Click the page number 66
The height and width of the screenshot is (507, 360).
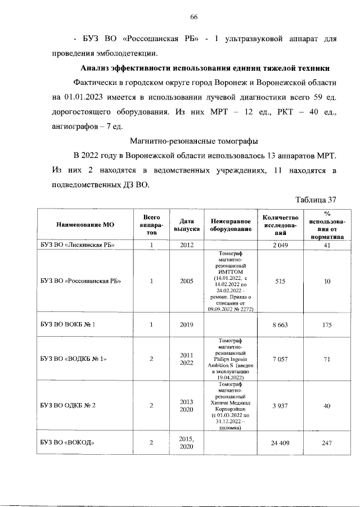[x=193, y=17]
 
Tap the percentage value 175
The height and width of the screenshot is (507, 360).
[x=327, y=324]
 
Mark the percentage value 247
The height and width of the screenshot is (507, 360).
[x=327, y=442]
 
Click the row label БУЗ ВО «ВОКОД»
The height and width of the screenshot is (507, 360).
[x=66, y=442]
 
